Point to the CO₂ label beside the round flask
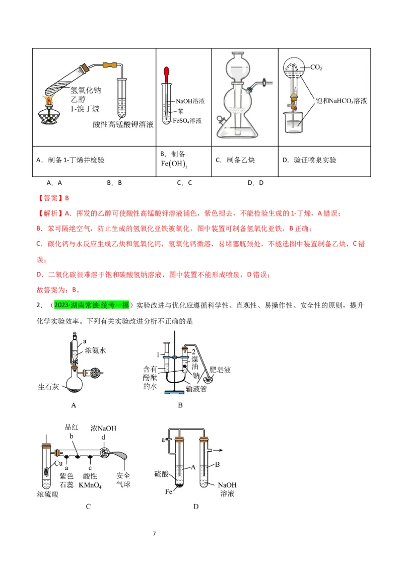pos(316,67)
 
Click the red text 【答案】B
pos(53,198)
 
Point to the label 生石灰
pos(49,387)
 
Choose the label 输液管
pos(196,388)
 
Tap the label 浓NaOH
pos(103,428)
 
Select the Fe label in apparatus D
pos(169,491)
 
